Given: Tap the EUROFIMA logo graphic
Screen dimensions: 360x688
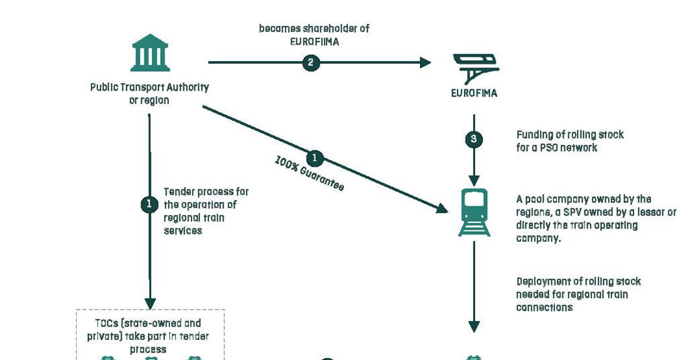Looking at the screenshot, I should click(x=474, y=67).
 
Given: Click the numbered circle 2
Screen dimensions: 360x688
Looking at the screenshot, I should click(x=310, y=62).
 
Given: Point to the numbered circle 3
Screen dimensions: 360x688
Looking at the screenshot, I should click(x=474, y=140).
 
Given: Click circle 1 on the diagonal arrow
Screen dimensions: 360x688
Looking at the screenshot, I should click(x=314, y=159).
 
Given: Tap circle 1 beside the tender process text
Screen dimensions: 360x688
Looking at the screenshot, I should click(x=149, y=204).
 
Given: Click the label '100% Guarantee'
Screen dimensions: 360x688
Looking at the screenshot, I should click(x=310, y=175).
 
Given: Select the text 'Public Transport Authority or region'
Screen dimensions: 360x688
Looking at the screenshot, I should click(x=149, y=93).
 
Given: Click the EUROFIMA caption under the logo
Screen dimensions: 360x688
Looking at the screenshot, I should click(x=474, y=93).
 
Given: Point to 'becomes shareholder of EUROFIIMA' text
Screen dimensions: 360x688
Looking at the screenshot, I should click(x=314, y=34).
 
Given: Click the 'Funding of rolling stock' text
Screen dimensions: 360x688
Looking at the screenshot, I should click(x=570, y=141).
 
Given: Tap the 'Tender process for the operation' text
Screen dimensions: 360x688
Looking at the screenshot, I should click(x=206, y=211).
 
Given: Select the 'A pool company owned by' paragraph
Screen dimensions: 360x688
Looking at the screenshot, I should click(x=595, y=218).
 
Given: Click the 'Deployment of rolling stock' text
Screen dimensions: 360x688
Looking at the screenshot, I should click(x=578, y=294).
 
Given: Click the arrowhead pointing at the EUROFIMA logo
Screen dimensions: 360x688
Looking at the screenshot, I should click(x=425, y=62).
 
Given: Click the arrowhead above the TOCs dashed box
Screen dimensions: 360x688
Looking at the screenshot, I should click(x=150, y=303).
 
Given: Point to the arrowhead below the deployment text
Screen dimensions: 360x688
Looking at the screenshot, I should click(x=474, y=326).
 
